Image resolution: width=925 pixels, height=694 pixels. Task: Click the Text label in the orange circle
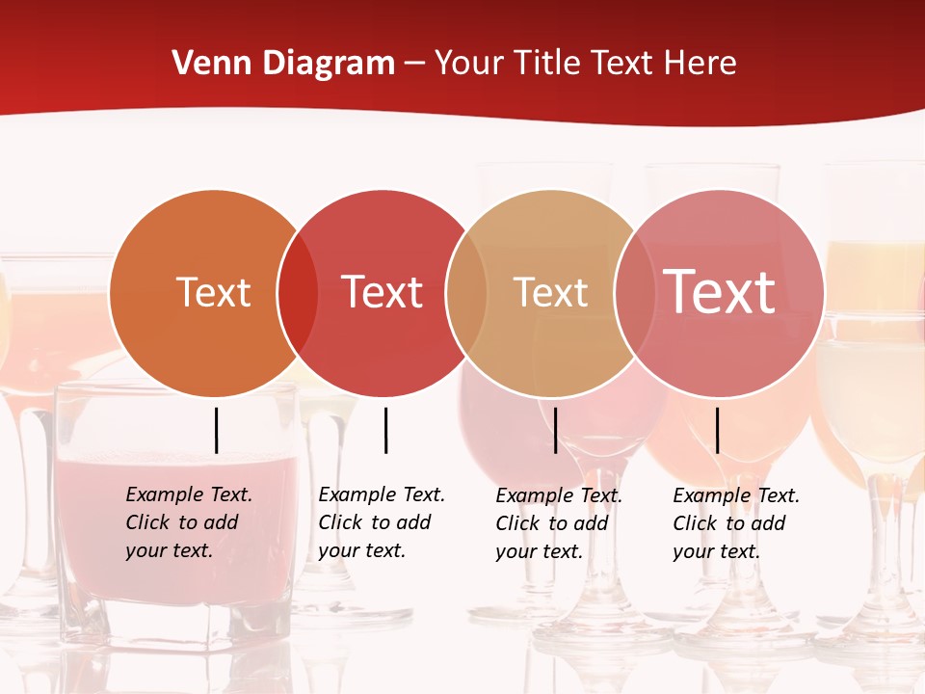point(213,292)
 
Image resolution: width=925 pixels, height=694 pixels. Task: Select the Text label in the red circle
point(382,292)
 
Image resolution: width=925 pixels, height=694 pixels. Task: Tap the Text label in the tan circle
point(550,292)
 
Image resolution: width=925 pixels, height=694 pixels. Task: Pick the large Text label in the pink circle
point(720,292)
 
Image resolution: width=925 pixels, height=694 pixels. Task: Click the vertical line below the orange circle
point(217,430)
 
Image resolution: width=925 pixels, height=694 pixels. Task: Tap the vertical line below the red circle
point(385,430)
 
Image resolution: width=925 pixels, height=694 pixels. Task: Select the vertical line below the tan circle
point(555,430)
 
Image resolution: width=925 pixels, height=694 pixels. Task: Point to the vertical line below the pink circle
point(717,430)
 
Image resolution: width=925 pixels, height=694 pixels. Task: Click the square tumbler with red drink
point(173,578)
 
